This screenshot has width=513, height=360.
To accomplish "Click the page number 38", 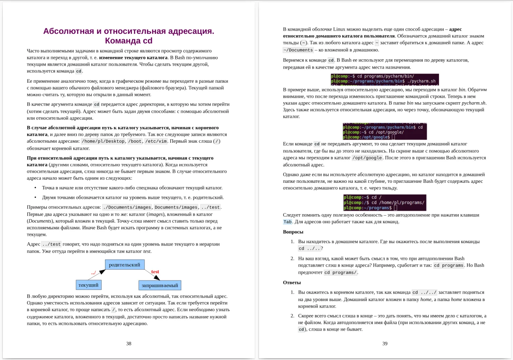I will click(x=128, y=344).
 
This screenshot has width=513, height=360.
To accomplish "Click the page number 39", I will click(x=385, y=344).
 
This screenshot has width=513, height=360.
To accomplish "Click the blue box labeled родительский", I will click(x=125, y=265).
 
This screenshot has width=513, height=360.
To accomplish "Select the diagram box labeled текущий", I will click(x=89, y=285).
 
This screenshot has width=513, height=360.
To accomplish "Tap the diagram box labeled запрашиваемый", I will click(x=160, y=285).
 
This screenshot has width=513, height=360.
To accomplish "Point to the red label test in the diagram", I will click(x=155, y=272).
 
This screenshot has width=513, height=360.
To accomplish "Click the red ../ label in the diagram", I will click(x=94, y=273).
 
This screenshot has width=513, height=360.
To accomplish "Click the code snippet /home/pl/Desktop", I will click(x=103, y=141).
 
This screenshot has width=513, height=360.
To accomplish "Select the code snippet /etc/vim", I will click(x=156, y=141).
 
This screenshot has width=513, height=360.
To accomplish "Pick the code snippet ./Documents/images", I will click(x=127, y=207).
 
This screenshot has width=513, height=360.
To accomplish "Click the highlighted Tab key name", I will click(x=288, y=222).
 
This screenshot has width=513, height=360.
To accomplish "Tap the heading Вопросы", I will click(x=293, y=232).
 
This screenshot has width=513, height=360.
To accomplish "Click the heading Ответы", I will click(x=292, y=283).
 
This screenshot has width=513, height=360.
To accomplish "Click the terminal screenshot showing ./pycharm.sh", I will click(x=385, y=79).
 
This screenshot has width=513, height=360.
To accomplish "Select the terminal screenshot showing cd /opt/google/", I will click(x=385, y=132).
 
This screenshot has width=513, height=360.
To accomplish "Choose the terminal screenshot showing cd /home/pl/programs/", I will click(x=385, y=203).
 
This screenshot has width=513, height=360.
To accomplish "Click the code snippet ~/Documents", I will click(x=298, y=50).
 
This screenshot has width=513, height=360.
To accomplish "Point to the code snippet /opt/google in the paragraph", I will click(x=367, y=158).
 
